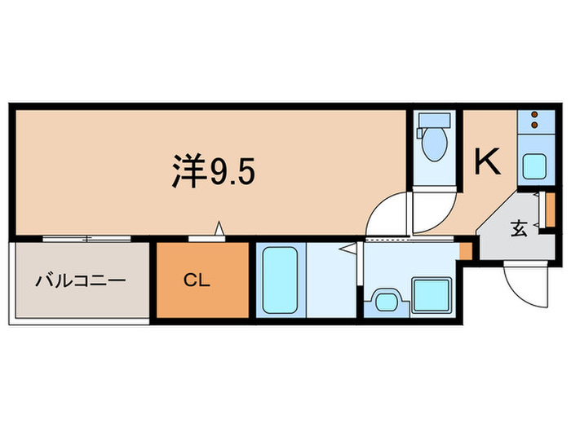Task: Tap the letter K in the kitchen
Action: click(x=488, y=162)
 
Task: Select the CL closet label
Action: click(x=196, y=281)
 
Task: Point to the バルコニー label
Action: click(x=79, y=282)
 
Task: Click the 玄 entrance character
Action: click(x=520, y=229)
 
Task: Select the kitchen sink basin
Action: click(x=535, y=167)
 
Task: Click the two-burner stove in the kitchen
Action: click(x=536, y=120)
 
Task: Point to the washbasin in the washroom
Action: click(x=384, y=300)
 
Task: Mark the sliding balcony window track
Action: click(x=86, y=239)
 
